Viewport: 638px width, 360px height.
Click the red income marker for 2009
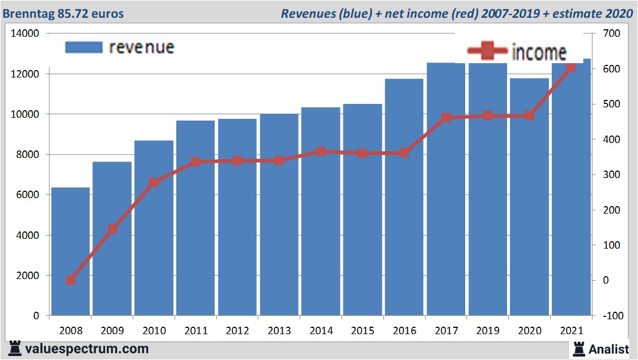113,230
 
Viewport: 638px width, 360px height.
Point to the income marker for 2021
570,68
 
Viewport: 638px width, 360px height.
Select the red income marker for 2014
321,152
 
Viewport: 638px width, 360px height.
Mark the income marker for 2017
446,118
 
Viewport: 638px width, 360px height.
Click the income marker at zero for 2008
71,280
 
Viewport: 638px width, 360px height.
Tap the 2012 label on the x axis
237,331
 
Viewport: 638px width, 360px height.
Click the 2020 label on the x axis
529,331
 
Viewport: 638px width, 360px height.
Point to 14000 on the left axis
25,34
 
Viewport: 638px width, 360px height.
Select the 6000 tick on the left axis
27,195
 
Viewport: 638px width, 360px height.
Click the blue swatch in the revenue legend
84,47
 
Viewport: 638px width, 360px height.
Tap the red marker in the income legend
488,52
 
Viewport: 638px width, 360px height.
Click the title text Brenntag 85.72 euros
63,13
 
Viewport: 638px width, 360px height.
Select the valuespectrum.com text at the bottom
87,349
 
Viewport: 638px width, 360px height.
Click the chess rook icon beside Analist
578,349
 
